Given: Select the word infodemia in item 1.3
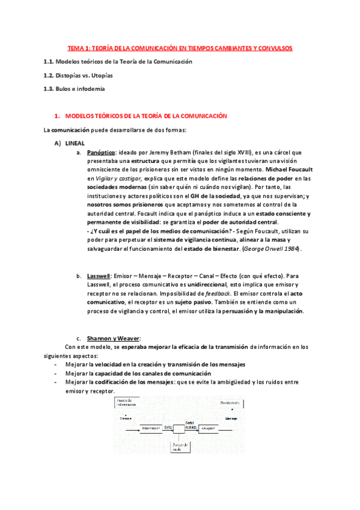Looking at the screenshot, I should [91, 89].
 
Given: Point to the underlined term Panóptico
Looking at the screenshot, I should [100, 153].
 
